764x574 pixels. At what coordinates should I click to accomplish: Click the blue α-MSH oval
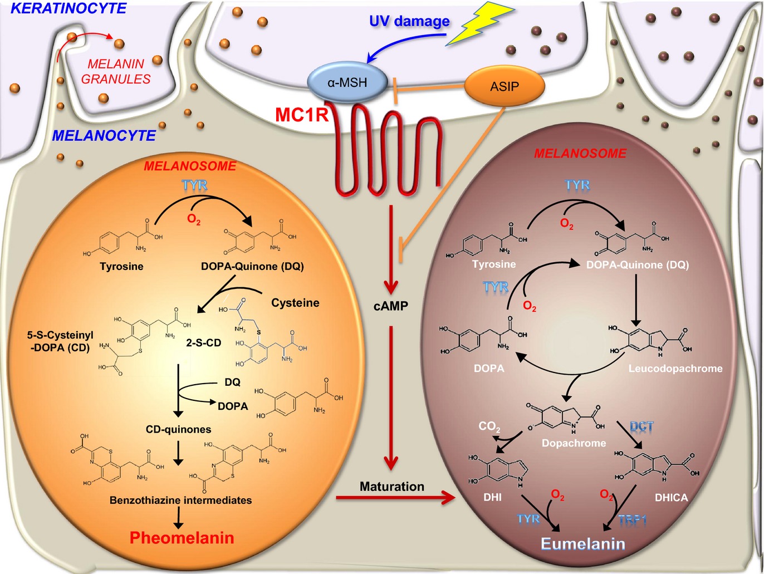[x=347, y=82]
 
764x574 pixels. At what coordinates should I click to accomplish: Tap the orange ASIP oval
[x=504, y=86]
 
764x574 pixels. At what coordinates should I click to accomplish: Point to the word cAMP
[x=391, y=306]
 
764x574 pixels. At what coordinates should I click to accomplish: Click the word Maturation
[x=391, y=486]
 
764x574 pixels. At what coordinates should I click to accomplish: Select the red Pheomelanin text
[x=182, y=538]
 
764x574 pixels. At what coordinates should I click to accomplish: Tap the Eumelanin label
[x=582, y=544]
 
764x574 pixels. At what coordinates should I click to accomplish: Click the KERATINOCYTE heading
[x=68, y=8]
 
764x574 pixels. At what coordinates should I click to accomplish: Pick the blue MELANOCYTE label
[x=104, y=135]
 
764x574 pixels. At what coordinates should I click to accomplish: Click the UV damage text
[x=409, y=21]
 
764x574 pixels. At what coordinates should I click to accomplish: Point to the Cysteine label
[x=295, y=303]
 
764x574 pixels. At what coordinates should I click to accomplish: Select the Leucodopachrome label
[x=675, y=369]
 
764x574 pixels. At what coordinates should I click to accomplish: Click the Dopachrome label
[x=574, y=443]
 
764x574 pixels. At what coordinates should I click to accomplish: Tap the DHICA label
[x=671, y=498]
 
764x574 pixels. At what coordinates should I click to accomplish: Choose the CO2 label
[x=489, y=426]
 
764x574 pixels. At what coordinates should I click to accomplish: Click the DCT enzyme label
[x=641, y=427]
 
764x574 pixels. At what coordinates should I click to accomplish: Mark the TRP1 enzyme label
[x=633, y=521]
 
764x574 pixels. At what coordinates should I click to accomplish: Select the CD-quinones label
[x=178, y=429]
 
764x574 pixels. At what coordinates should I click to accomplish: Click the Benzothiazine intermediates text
[x=180, y=500]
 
